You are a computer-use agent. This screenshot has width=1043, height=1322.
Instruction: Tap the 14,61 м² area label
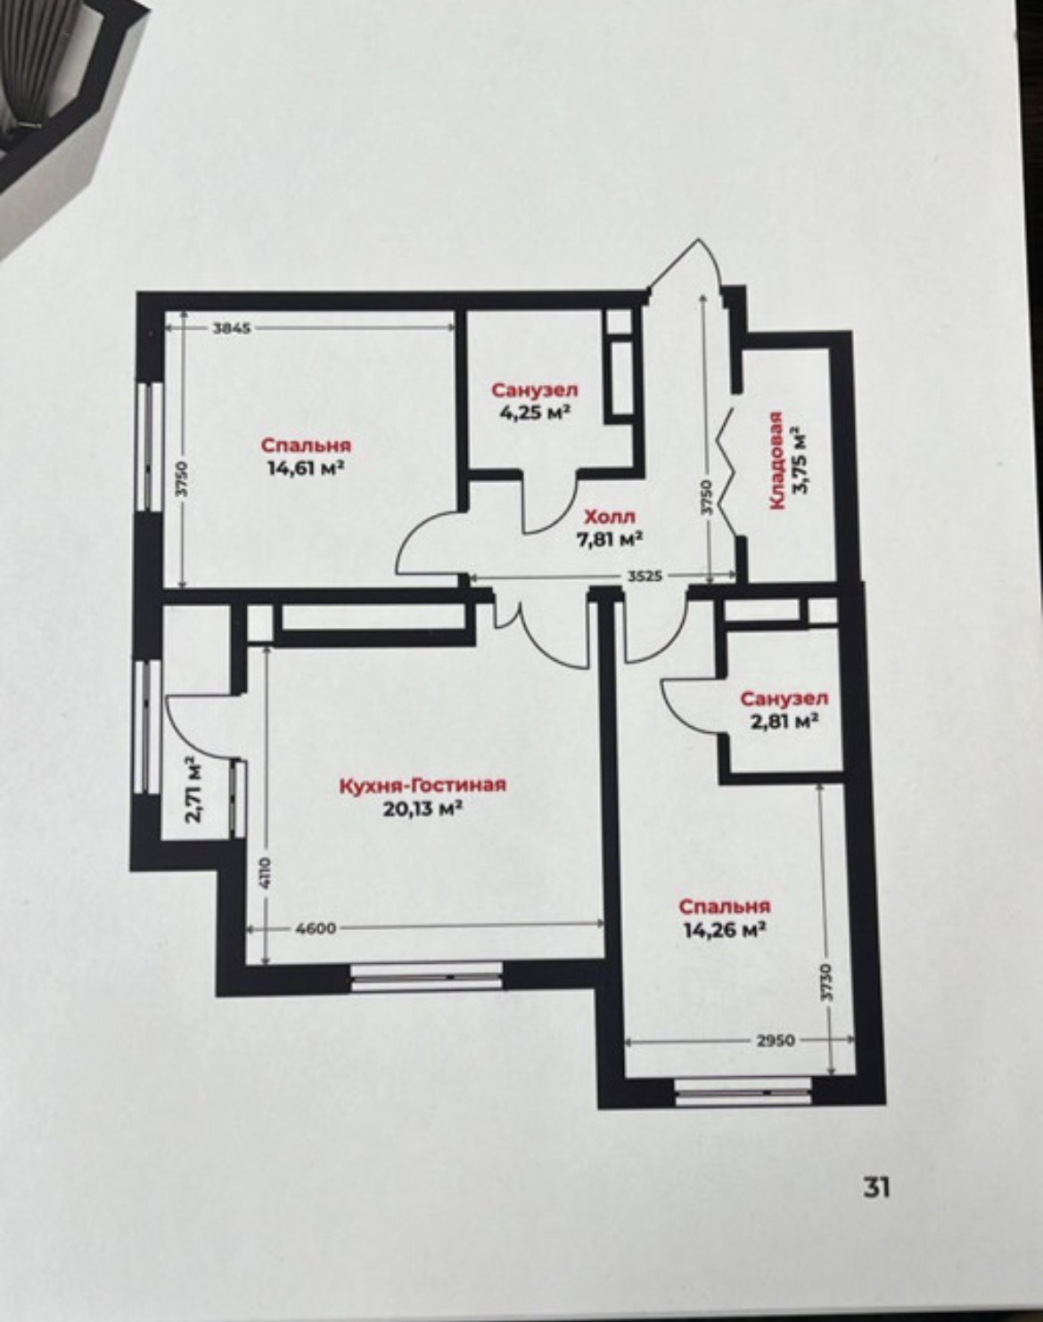(x=305, y=469)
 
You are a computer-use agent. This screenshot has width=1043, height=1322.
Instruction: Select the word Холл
(x=610, y=517)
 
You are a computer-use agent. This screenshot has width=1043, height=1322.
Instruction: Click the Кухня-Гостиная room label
(x=423, y=785)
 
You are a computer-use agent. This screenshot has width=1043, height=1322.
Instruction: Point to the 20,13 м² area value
(x=423, y=809)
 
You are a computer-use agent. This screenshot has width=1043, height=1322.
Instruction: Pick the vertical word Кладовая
(x=776, y=461)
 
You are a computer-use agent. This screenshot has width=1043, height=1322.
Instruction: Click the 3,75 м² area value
(x=801, y=460)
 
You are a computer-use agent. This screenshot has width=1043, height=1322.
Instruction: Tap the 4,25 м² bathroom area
(x=535, y=412)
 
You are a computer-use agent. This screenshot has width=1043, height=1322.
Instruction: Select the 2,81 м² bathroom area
(x=784, y=722)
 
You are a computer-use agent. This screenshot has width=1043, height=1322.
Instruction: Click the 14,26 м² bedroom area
(x=725, y=929)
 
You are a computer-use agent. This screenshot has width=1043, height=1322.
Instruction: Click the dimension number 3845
(x=232, y=328)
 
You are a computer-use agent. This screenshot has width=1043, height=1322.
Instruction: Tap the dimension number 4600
(x=316, y=928)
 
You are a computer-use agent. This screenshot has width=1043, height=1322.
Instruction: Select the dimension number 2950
(x=775, y=1040)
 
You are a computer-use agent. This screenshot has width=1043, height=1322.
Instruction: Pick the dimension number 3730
(x=827, y=983)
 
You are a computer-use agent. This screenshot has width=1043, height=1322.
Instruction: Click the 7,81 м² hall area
(x=610, y=539)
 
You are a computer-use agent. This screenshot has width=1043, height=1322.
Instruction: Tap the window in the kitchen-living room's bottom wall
(x=427, y=976)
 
